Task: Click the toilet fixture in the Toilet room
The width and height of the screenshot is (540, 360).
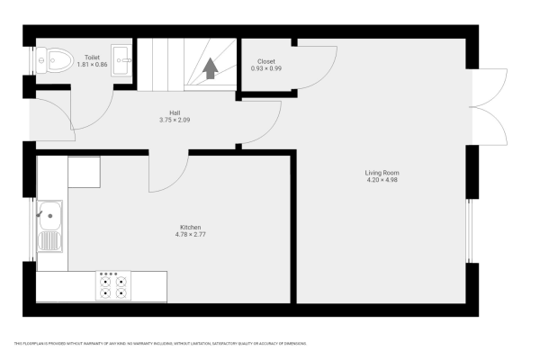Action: [x=55, y=61]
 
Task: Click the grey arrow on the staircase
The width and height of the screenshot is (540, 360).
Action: [x=211, y=68]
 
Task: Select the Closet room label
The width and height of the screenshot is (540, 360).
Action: [x=266, y=61]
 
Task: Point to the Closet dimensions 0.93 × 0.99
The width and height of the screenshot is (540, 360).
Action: [x=266, y=68]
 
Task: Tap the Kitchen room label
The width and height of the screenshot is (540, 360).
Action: [x=189, y=227]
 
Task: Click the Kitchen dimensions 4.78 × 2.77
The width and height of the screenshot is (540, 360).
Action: [x=189, y=234]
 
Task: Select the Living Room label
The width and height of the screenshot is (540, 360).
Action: [x=382, y=173]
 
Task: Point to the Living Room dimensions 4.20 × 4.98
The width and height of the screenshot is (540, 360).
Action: [x=382, y=180]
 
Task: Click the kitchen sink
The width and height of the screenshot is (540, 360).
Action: [x=49, y=225]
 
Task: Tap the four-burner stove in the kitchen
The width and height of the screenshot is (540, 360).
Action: [x=113, y=285]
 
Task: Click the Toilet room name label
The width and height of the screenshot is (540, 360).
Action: [x=92, y=57]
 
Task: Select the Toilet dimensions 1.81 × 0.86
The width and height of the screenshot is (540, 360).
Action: [x=92, y=65]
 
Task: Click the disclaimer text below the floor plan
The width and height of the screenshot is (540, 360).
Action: [x=160, y=344]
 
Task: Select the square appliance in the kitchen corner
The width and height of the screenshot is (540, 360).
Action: [x=84, y=171]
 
